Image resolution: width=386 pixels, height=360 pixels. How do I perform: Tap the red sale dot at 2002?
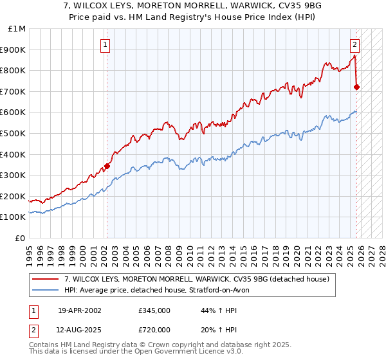pos(107,166)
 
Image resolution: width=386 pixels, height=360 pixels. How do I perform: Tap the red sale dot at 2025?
pos(357,87)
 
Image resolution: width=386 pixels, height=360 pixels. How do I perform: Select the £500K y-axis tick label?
pos(14,134)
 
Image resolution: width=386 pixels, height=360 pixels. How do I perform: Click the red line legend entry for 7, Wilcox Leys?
pos(196,279)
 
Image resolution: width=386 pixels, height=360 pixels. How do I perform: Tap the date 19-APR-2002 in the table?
pos(79,310)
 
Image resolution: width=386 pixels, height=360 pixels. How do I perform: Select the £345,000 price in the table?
pos(154,310)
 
